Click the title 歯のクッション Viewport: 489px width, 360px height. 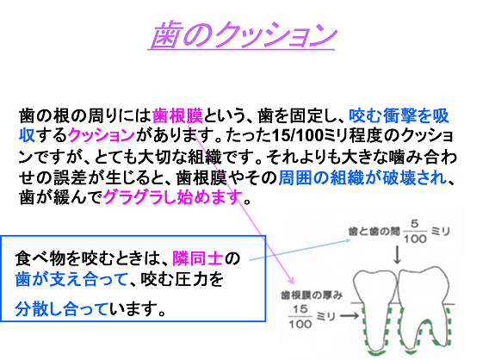(x=243, y=35)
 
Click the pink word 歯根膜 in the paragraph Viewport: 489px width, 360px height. (x=177, y=115)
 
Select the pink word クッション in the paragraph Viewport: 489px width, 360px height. (x=102, y=135)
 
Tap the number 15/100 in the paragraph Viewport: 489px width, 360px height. (x=298, y=135)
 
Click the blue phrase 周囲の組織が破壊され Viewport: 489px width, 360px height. (x=362, y=177)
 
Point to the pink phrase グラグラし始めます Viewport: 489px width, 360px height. (x=173, y=197)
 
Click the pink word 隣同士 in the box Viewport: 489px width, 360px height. (x=198, y=258)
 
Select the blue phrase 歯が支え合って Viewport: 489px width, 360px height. (x=71, y=279)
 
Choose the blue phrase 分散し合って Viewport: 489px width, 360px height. (x=61, y=309)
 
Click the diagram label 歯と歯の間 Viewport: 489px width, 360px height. (x=374, y=232)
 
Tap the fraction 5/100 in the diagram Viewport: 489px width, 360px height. (x=415, y=232)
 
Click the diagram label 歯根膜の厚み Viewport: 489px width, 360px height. (x=312, y=295)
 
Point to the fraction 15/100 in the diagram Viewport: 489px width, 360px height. (x=300, y=317)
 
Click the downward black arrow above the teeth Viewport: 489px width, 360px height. (x=397, y=255)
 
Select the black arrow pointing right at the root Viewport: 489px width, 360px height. (x=350, y=316)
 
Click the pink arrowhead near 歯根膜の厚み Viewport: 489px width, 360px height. (x=291, y=281)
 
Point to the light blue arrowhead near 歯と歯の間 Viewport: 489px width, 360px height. (x=348, y=240)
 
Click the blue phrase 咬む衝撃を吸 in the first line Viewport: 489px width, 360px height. (x=399, y=115)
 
